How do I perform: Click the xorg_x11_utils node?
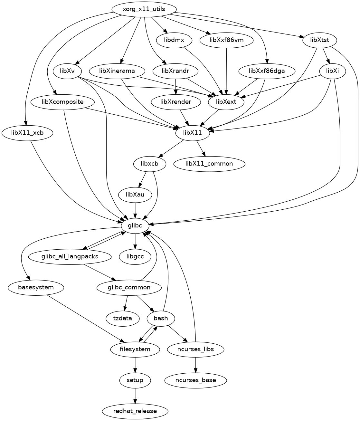pyautogui.click(x=144, y=9)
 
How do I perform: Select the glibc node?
pyautogui.click(x=135, y=226)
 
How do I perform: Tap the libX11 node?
pyautogui.click(x=193, y=133)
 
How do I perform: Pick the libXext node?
pyautogui.click(x=226, y=102)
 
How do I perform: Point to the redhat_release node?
pyautogui.click(x=135, y=411)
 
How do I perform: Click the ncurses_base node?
pyautogui.click(x=195, y=380)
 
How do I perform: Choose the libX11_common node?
pyautogui.click(x=209, y=164)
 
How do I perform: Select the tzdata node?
pyautogui.click(x=123, y=318)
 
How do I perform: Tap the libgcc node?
pyautogui.click(x=135, y=257)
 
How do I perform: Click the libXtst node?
pyautogui.click(x=320, y=40)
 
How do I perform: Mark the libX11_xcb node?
pyautogui.click(x=27, y=133)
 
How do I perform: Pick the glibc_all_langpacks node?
pyautogui.click(x=70, y=257)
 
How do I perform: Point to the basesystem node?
pyautogui.click(x=36, y=287)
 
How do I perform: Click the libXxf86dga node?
pyautogui.click(x=267, y=71)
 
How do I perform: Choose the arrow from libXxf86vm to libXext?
pyautogui.click(x=226, y=71)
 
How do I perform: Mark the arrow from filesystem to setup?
pyautogui.click(x=135, y=365)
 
